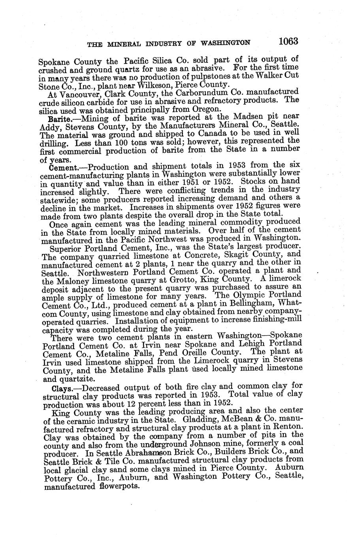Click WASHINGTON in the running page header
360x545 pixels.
pos(226,43)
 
